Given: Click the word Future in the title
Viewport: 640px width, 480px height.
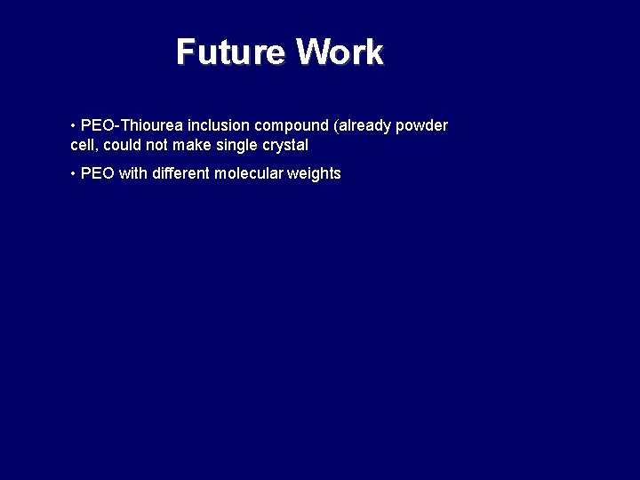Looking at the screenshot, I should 231,52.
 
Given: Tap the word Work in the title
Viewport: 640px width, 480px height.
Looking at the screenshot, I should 340,52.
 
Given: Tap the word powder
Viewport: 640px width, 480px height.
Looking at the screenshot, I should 422,125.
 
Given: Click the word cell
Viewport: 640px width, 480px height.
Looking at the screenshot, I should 84,145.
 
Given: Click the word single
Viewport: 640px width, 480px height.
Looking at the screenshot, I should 238,145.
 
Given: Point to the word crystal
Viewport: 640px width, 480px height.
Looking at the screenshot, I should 286,145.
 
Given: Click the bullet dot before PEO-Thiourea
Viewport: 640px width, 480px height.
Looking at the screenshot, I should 73,125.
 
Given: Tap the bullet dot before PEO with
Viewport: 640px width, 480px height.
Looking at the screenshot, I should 73,173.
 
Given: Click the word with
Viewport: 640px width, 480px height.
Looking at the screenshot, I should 132,173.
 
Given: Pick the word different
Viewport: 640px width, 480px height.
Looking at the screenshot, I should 180,173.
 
